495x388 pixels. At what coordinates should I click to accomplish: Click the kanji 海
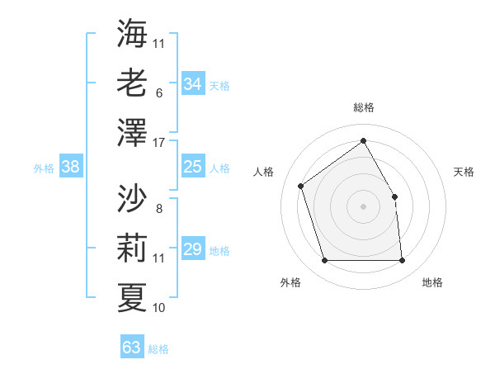(x=132, y=33)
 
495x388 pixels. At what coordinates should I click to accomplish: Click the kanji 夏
(x=132, y=296)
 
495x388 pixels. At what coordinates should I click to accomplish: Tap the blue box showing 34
(x=193, y=84)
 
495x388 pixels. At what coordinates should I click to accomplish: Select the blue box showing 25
(x=193, y=168)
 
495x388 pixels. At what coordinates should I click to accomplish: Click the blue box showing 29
(x=193, y=249)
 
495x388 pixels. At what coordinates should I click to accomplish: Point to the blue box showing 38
(x=71, y=168)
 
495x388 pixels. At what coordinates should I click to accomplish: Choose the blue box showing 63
(x=132, y=348)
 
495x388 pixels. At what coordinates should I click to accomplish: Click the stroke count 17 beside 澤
(x=159, y=144)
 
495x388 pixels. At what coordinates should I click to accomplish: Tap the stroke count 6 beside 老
(x=158, y=94)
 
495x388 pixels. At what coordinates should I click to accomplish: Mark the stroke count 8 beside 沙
(x=158, y=210)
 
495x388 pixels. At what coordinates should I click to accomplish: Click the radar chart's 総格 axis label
(x=363, y=107)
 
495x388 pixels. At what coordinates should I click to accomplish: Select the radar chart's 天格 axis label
(x=464, y=172)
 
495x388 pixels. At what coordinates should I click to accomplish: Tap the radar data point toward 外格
(x=324, y=261)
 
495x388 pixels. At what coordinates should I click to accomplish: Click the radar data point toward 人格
(x=301, y=186)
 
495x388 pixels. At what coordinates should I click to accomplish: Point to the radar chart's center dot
(x=363, y=206)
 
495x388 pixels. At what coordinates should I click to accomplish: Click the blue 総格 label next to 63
(x=158, y=349)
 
